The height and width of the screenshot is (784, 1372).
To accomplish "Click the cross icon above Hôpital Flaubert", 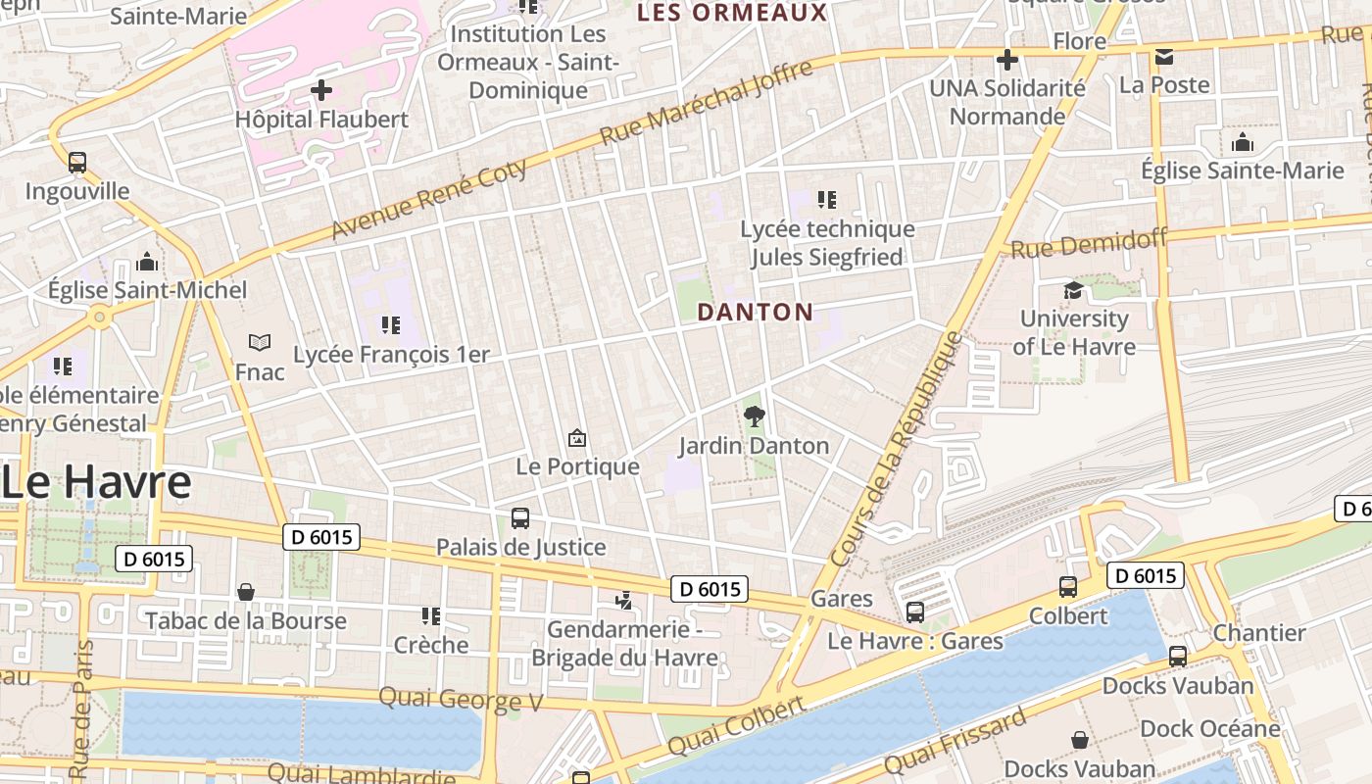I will pyautogui.click(x=321, y=90).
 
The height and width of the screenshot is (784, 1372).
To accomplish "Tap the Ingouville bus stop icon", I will pyautogui.click(x=77, y=162).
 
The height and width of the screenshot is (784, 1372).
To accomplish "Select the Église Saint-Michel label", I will pyautogui.click(x=148, y=290).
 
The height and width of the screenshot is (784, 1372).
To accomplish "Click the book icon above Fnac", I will pyautogui.click(x=260, y=342).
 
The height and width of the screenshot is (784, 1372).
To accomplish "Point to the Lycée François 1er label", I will pyautogui.click(x=391, y=354).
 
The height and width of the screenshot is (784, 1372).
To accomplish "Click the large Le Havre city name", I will pyautogui.click(x=96, y=482).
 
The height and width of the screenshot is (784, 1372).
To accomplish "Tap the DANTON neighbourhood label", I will pyautogui.click(x=755, y=313).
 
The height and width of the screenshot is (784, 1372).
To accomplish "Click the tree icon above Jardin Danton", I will pyautogui.click(x=754, y=416).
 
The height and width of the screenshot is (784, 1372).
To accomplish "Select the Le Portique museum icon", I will pyautogui.click(x=577, y=438).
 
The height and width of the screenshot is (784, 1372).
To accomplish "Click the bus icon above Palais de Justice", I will pyautogui.click(x=520, y=517).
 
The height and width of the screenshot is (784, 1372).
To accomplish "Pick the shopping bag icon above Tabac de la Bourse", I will pyautogui.click(x=246, y=592).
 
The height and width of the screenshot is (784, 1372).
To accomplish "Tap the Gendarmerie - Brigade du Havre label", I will pyautogui.click(x=624, y=643).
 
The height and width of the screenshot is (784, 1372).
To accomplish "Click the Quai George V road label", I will pyautogui.click(x=461, y=699).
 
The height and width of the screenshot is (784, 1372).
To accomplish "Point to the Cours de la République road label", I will pyautogui.click(x=897, y=449).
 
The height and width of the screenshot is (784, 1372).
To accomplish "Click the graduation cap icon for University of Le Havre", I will pyautogui.click(x=1073, y=290).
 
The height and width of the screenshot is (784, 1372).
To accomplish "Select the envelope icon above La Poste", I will pyautogui.click(x=1164, y=57).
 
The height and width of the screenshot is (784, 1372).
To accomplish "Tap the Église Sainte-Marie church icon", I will pyautogui.click(x=1243, y=142).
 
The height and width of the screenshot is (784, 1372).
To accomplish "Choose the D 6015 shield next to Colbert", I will pyautogui.click(x=1146, y=575).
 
